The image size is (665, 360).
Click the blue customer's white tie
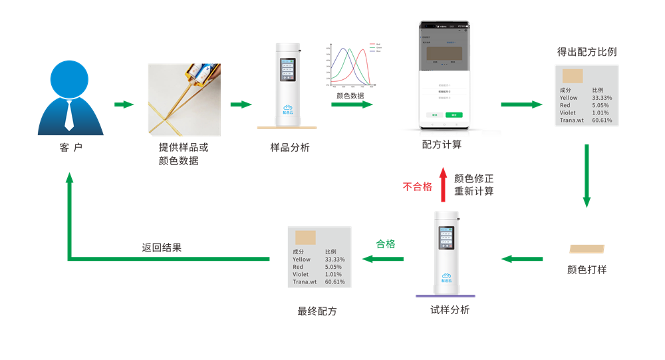68,114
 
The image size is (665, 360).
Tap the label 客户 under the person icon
70,148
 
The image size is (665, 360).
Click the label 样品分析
289,148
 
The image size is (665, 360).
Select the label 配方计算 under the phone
442,144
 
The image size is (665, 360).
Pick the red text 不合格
417,187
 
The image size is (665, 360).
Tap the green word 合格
386,244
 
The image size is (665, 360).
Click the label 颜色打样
587,270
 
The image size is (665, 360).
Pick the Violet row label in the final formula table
301,274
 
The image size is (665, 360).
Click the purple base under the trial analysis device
445,295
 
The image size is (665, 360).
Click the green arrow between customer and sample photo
124,104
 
